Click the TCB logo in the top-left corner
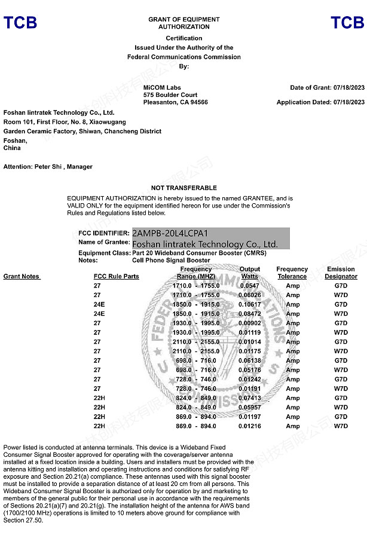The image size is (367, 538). [20, 23]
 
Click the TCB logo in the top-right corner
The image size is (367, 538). [347, 23]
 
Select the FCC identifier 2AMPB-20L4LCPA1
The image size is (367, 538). [170, 233]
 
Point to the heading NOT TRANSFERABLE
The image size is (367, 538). [183, 188]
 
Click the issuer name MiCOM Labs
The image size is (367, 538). [162, 88]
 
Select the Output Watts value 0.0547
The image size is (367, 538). [249, 286]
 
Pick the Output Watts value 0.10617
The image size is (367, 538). [249, 304]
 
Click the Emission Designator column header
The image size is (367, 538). [341, 273]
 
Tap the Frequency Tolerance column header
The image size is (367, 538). [292, 273]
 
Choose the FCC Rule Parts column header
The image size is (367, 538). [117, 277]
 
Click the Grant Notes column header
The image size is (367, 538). [22, 277]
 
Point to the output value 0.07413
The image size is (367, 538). [249, 398]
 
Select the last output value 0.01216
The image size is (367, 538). [249, 426]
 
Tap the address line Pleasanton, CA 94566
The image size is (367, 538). [176, 102]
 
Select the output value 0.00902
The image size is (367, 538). [249, 323]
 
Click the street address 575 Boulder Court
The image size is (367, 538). [170, 95]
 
